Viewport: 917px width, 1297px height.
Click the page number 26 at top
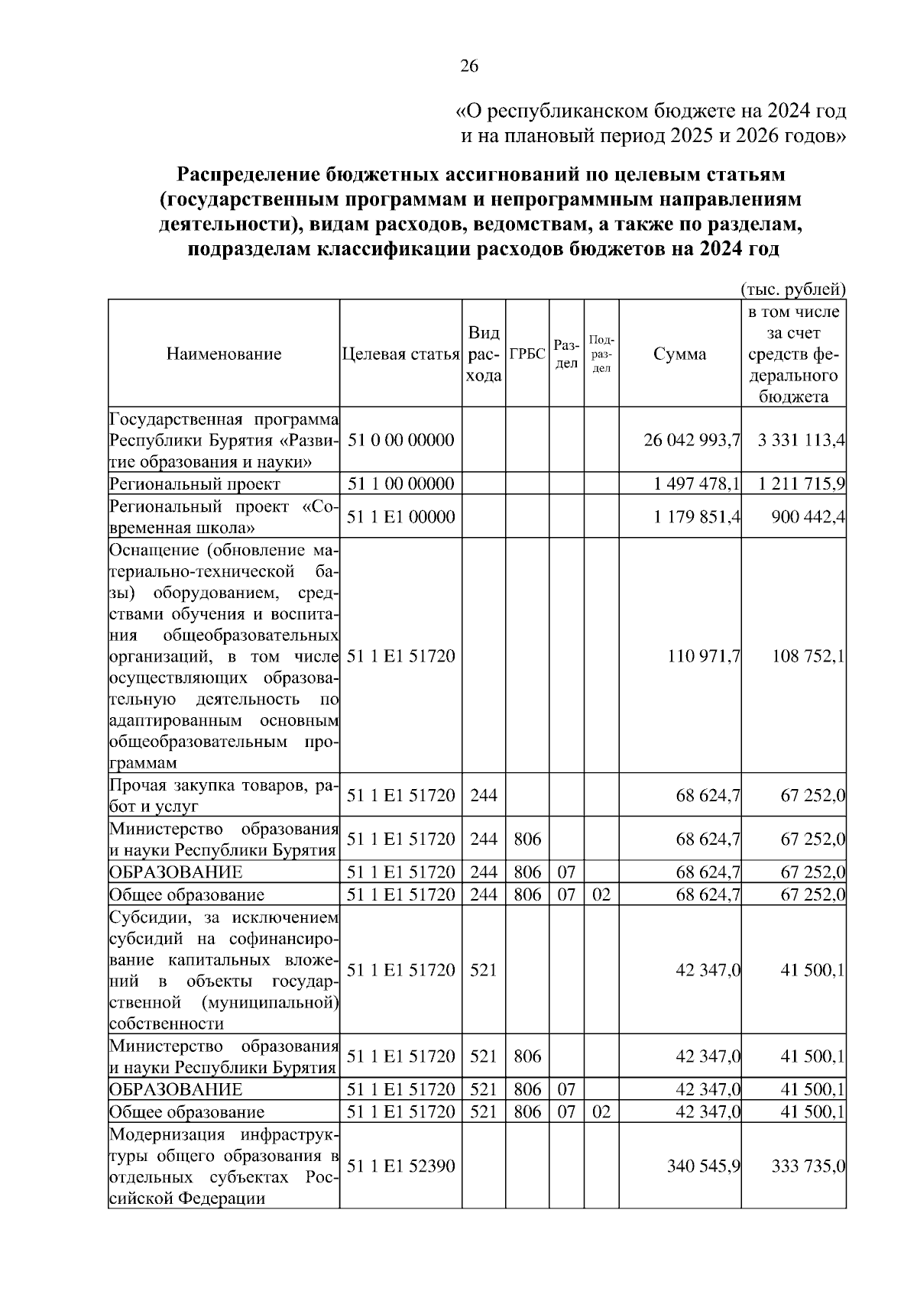coord(468,66)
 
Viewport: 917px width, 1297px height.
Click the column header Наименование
coord(224,354)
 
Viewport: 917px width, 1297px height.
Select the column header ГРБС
coord(527,354)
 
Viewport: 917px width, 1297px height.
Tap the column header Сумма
coord(679,354)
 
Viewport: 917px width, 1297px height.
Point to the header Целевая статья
coord(400,354)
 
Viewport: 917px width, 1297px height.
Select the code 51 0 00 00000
coord(400,441)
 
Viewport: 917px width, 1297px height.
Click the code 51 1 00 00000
coord(400,484)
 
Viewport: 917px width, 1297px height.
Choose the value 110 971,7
coord(703,656)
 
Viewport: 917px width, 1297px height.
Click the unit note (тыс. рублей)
coord(793,289)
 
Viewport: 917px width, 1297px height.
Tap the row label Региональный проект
coord(195,484)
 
